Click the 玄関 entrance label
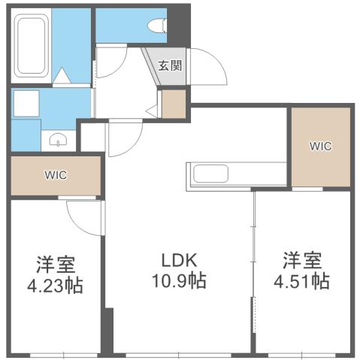tap(170, 65)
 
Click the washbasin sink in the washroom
tap(58, 139)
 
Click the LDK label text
tap(180, 261)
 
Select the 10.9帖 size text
tap(180, 282)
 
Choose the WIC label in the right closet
tap(319, 146)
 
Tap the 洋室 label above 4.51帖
tap(303, 261)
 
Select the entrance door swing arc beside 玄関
tap(212, 68)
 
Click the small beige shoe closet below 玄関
tap(174, 104)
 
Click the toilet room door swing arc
tap(110, 63)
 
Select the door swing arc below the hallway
tap(124, 137)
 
